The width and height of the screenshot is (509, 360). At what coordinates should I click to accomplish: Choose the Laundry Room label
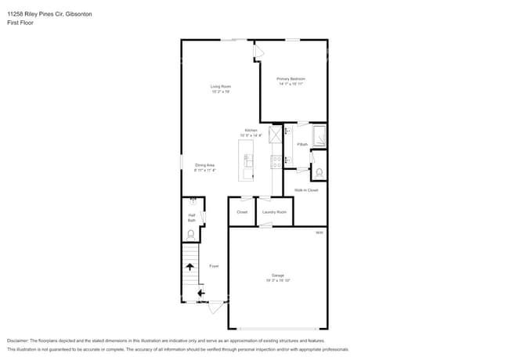(274, 212)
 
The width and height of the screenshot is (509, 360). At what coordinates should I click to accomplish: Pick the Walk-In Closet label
(306, 190)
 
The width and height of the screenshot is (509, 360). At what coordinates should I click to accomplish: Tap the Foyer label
(213, 266)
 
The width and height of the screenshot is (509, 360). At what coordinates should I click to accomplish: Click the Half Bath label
(191, 218)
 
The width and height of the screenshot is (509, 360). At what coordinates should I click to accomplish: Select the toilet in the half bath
(191, 232)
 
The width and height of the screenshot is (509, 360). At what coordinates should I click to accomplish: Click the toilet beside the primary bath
(319, 172)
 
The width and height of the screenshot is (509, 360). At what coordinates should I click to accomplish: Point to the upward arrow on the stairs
(190, 267)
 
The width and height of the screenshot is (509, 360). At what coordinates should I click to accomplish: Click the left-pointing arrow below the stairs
(200, 293)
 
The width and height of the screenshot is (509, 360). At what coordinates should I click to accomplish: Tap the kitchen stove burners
(276, 162)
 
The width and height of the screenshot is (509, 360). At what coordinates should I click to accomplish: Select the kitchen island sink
(248, 161)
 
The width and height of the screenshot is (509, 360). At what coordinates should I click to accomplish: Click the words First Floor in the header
(20, 23)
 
